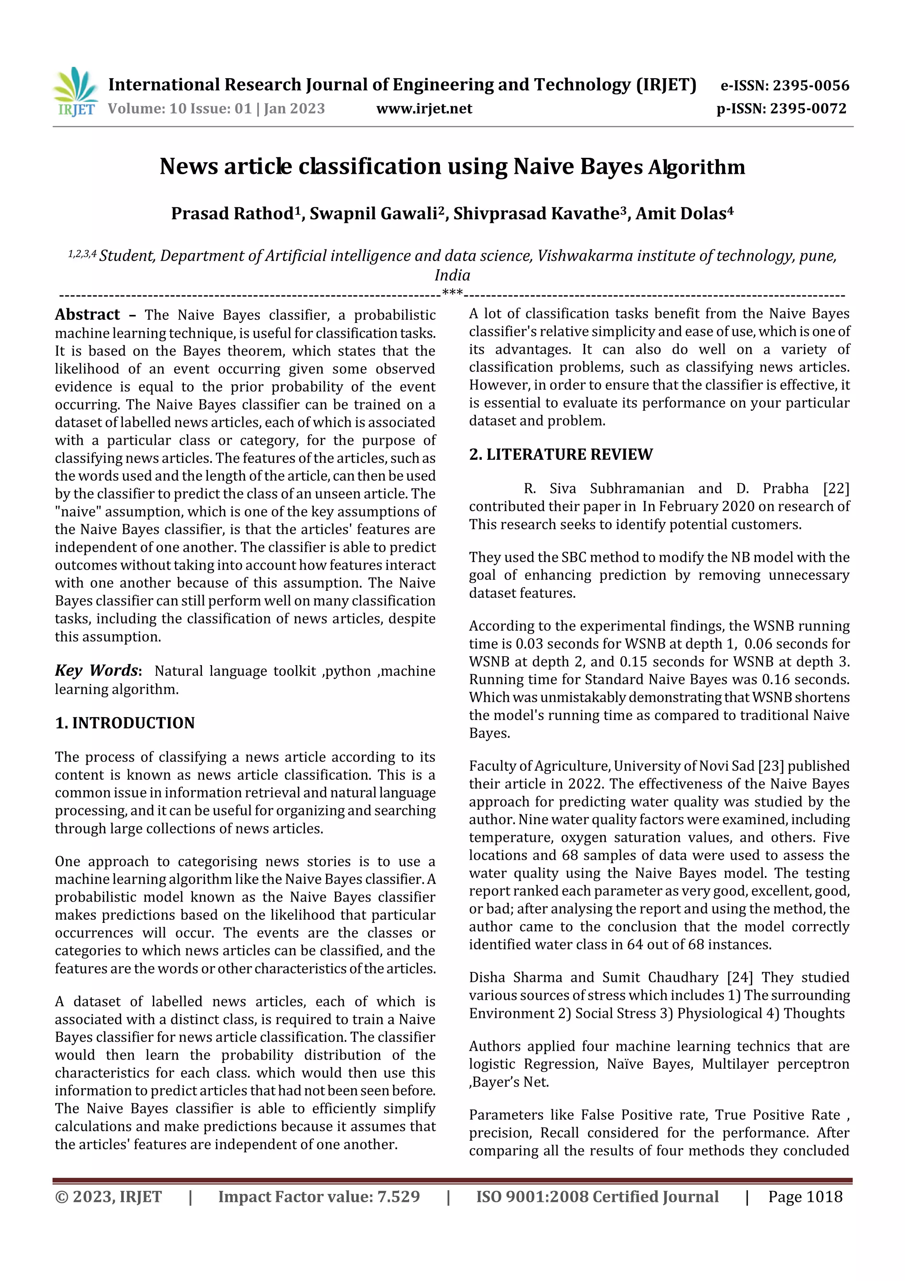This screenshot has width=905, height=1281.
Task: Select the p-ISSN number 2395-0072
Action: coord(808,108)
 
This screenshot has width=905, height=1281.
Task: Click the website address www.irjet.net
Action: coord(424,108)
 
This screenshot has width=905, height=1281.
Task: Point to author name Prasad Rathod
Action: coord(232,214)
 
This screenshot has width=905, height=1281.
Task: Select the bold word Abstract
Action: coord(87,315)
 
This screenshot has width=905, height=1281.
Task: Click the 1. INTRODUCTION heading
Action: coord(125,723)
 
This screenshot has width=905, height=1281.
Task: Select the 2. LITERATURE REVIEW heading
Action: coord(560,454)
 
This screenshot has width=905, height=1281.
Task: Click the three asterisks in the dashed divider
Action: coord(452,292)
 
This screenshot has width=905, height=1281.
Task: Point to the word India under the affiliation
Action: coord(452,275)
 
